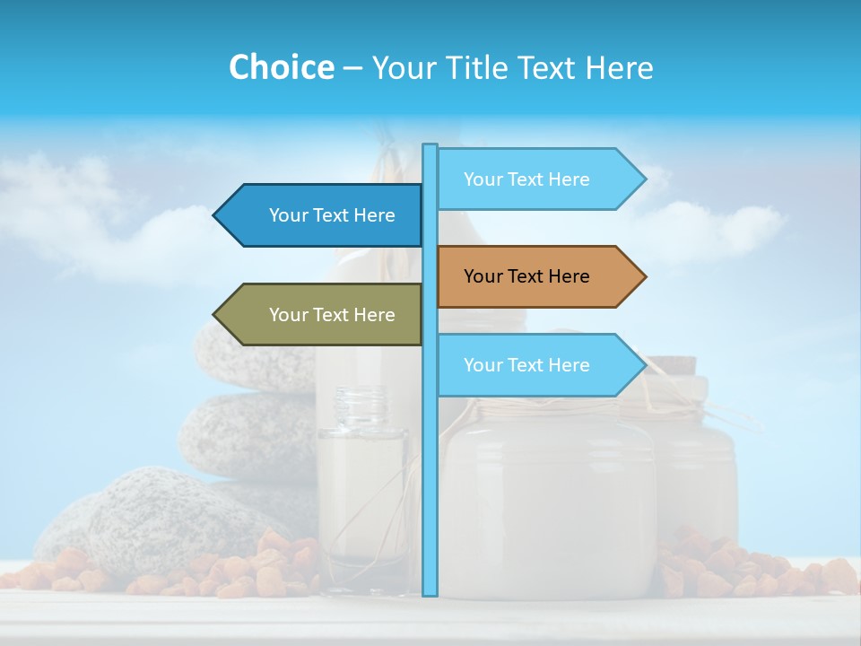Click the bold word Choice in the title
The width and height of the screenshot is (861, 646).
(x=281, y=67)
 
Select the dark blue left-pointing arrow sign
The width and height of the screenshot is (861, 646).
(x=323, y=215)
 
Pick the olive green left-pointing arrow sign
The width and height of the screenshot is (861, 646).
(x=323, y=314)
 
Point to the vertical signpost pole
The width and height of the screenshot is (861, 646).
(x=430, y=449)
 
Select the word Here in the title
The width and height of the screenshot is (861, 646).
(x=619, y=67)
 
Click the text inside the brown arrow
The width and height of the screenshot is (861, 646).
(x=526, y=276)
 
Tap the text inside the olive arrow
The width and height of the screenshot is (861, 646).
(x=332, y=315)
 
